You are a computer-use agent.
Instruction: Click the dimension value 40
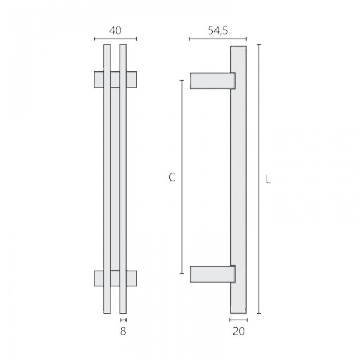[115, 30]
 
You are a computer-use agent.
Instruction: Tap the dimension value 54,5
[218, 30]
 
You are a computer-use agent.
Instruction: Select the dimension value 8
[123, 331]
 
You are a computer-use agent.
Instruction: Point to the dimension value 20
[238, 331]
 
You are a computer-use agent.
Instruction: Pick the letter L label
[268, 180]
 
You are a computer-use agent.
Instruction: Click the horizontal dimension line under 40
[116, 39]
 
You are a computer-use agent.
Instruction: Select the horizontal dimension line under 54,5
[218, 39]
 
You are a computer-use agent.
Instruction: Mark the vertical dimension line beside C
[182, 177]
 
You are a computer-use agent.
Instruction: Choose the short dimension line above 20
[238, 319]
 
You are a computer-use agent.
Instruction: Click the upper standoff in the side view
[212, 81]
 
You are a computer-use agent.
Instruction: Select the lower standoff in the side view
[212, 274]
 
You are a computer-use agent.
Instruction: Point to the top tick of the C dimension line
[182, 80]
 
